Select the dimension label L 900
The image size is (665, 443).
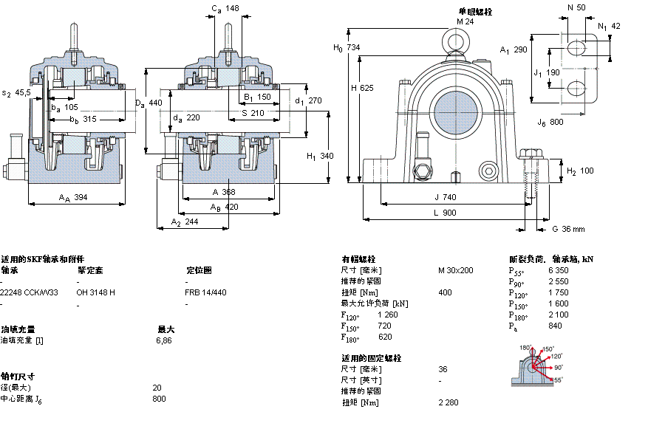tap(444, 213)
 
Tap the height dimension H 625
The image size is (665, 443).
tap(362, 88)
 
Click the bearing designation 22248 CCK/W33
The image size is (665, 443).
tap(29, 292)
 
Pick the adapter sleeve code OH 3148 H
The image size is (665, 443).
tap(95, 292)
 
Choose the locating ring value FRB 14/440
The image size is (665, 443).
tap(205, 292)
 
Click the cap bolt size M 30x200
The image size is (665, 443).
tap(455, 270)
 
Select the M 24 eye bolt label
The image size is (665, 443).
tap(464, 21)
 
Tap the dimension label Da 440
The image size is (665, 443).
tap(149, 103)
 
